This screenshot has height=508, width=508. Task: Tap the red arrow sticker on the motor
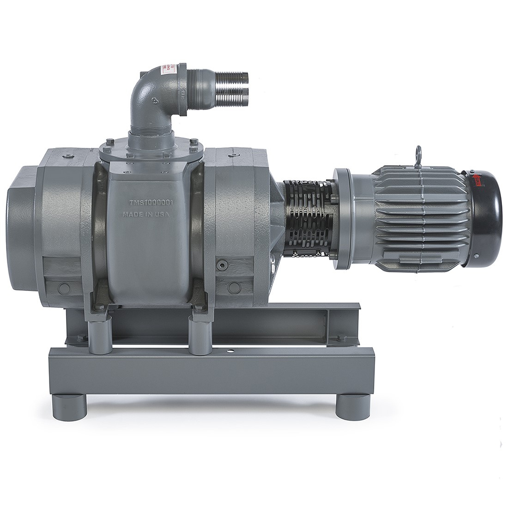[x=476, y=176]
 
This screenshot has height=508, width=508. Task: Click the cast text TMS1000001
[x=147, y=203]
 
